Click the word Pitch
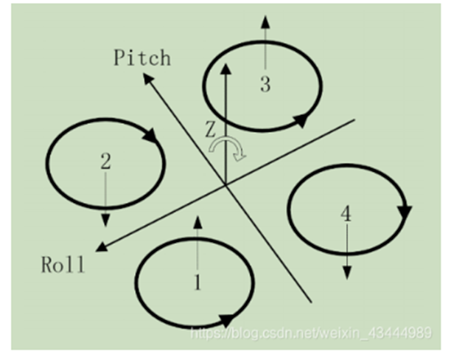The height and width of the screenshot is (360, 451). (x=142, y=58)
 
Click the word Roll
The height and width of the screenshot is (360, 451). (x=63, y=263)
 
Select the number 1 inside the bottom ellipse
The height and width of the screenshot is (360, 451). (x=197, y=283)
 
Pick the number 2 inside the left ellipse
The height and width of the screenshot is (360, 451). (x=105, y=162)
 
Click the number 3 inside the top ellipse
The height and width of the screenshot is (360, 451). (x=265, y=84)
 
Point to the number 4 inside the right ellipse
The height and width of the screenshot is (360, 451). (x=346, y=214)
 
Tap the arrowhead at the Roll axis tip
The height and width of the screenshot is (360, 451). (x=102, y=249)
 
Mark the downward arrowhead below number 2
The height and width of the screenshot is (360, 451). (x=106, y=221)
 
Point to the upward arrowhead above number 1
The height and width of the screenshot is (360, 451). (x=197, y=221)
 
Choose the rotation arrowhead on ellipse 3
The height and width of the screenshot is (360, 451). (x=300, y=118)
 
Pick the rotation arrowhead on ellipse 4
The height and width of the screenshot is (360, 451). (x=404, y=212)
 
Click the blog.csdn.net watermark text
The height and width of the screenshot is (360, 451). (x=310, y=333)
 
